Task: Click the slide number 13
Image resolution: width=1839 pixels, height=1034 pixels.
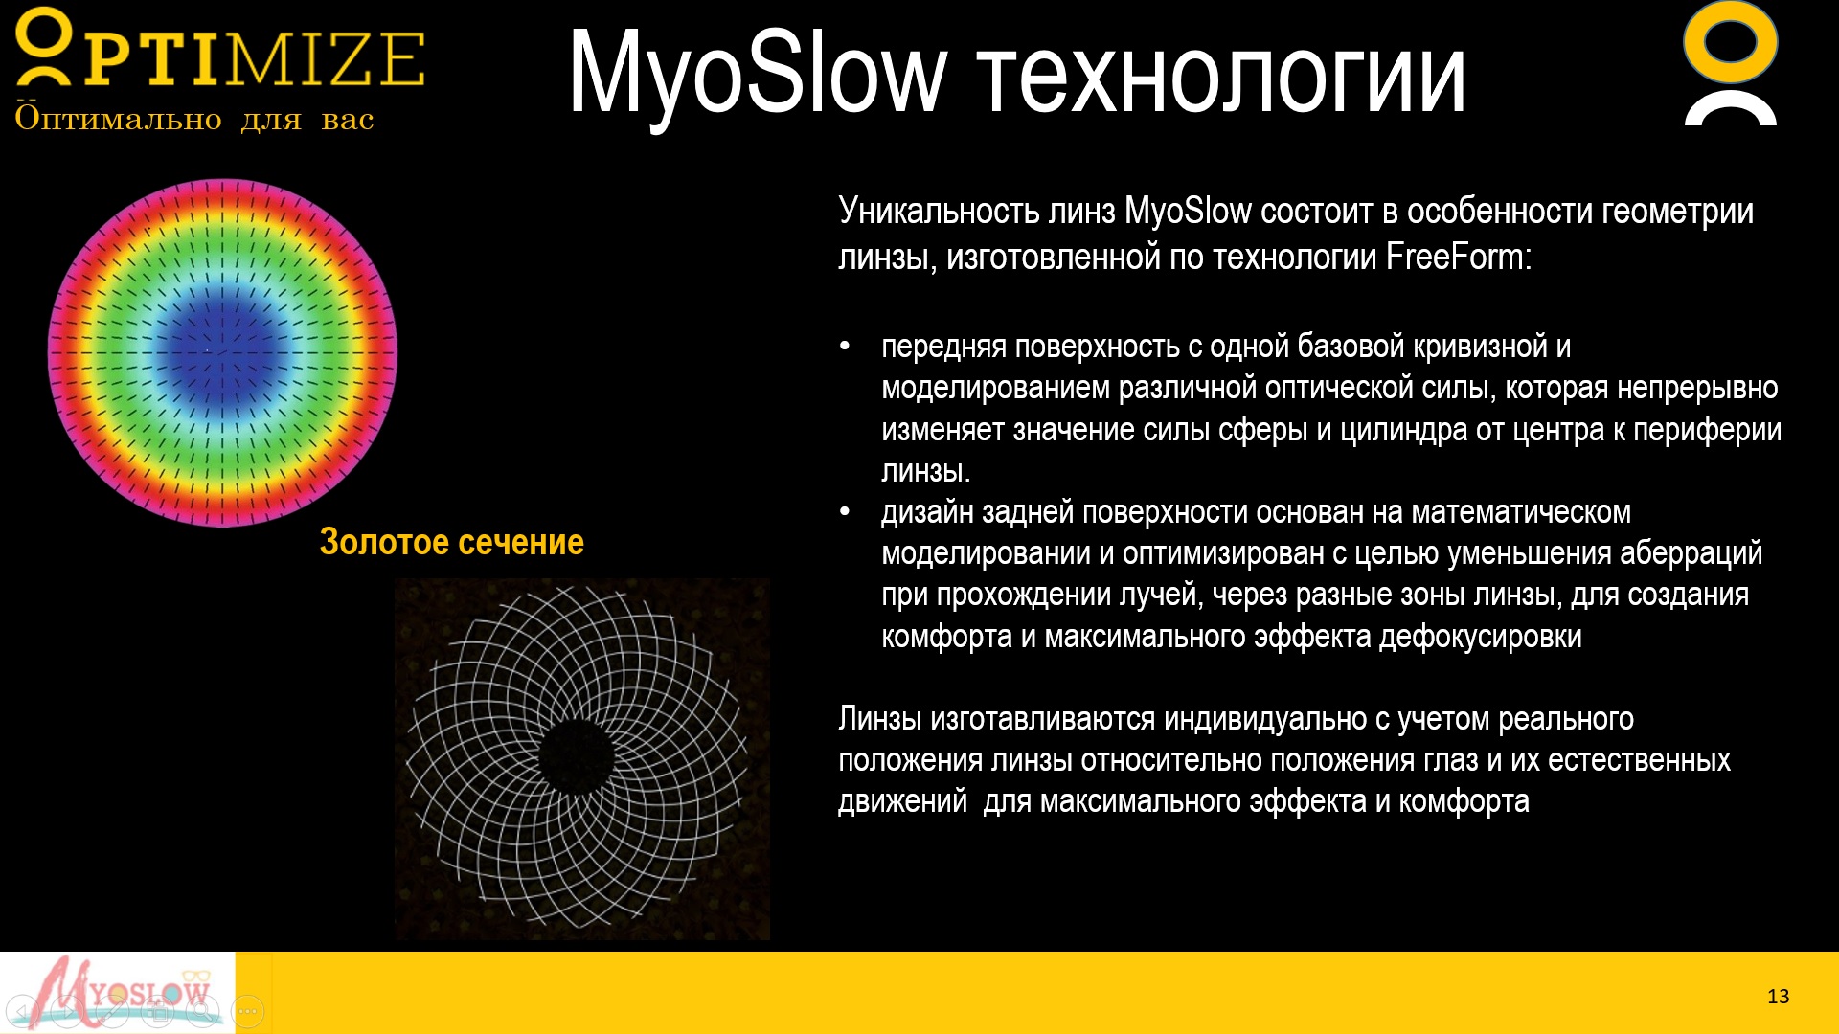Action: click(1778, 997)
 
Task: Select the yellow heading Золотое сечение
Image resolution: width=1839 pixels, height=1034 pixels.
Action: click(451, 542)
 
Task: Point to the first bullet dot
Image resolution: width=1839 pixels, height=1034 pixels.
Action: click(845, 346)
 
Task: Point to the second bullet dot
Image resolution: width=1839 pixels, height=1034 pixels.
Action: click(845, 512)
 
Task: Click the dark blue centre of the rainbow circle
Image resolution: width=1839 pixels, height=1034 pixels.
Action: click(221, 350)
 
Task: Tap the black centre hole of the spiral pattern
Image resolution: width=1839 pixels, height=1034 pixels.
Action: click(576, 756)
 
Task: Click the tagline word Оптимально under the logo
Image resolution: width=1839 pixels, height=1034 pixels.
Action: click(118, 119)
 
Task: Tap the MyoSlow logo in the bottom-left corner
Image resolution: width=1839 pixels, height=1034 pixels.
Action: click(117, 993)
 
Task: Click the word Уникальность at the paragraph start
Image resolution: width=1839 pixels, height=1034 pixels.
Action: click(939, 211)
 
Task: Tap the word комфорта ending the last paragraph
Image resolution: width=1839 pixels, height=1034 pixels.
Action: click(1464, 801)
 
